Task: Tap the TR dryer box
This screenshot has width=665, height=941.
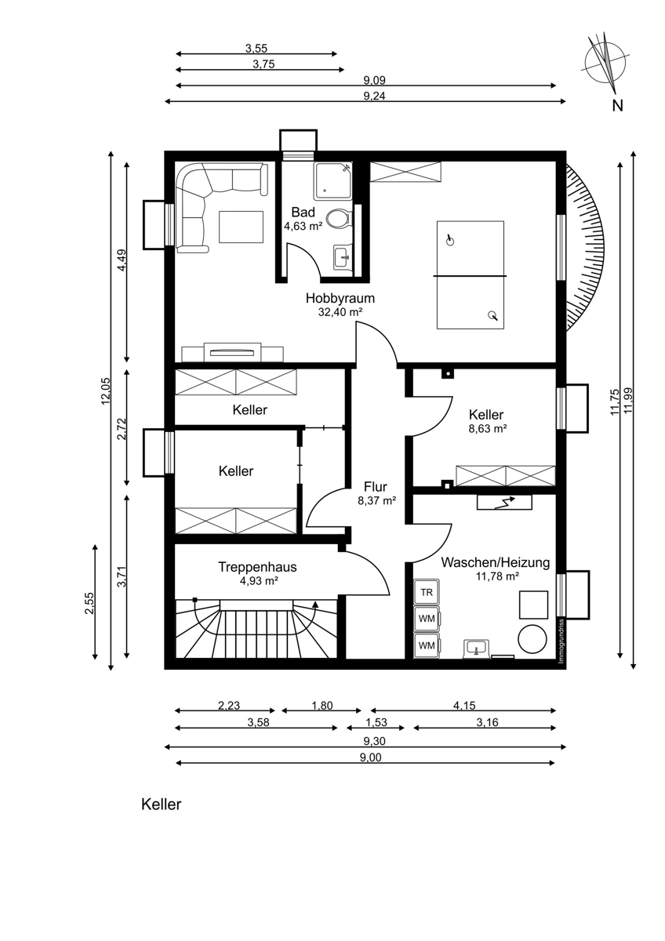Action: pyautogui.click(x=426, y=592)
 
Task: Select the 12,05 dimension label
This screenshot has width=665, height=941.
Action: pyautogui.click(x=105, y=391)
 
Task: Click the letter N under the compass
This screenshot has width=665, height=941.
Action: pyautogui.click(x=617, y=106)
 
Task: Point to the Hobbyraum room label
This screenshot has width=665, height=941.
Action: pyautogui.click(x=340, y=298)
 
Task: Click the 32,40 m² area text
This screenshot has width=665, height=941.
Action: pyautogui.click(x=340, y=312)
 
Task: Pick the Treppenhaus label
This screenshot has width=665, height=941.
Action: pyautogui.click(x=257, y=567)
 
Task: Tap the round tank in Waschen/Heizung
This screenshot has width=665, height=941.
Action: pyautogui.click(x=532, y=639)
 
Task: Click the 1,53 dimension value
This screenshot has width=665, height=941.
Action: pyautogui.click(x=376, y=723)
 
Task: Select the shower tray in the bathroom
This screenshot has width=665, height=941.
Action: pyautogui.click(x=332, y=181)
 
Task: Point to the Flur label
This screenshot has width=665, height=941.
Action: pyautogui.click(x=376, y=487)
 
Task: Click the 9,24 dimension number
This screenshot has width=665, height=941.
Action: pyautogui.click(x=374, y=96)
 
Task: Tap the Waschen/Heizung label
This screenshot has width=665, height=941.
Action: pyautogui.click(x=496, y=562)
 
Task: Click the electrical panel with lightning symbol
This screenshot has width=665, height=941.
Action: pyautogui.click(x=504, y=503)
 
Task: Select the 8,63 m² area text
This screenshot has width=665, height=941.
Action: pyautogui.click(x=487, y=429)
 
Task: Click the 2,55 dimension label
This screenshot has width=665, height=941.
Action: pyautogui.click(x=89, y=603)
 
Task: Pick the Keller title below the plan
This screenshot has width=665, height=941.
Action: pyautogui.click(x=162, y=805)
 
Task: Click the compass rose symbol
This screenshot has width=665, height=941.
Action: pyautogui.click(x=605, y=63)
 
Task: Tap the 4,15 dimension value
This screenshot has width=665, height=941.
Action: pyautogui.click(x=464, y=705)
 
